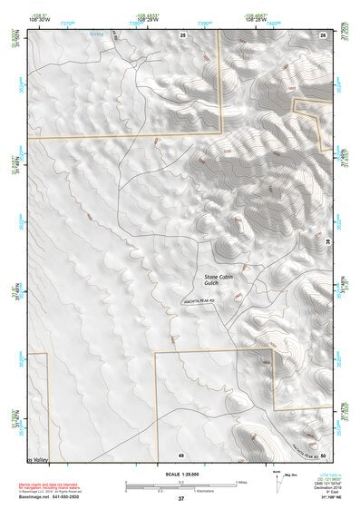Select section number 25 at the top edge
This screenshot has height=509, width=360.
(x=182, y=34)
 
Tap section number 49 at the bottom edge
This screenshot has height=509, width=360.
(x=180, y=454)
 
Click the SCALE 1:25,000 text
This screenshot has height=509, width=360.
(x=180, y=474)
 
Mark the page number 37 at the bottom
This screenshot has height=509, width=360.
(x=180, y=499)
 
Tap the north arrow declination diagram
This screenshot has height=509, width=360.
(x=278, y=482)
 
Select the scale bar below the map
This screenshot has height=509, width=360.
(x=180, y=485)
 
